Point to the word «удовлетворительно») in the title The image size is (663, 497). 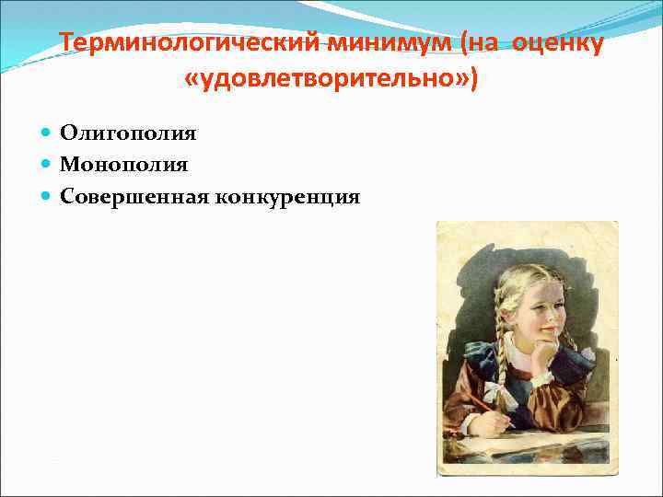point(331,80)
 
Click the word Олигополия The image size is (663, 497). point(128,133)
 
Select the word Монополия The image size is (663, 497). point(124,165)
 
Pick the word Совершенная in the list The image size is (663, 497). point(134,196)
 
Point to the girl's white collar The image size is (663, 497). point(516,354)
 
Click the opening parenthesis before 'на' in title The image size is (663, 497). point(470,44)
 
